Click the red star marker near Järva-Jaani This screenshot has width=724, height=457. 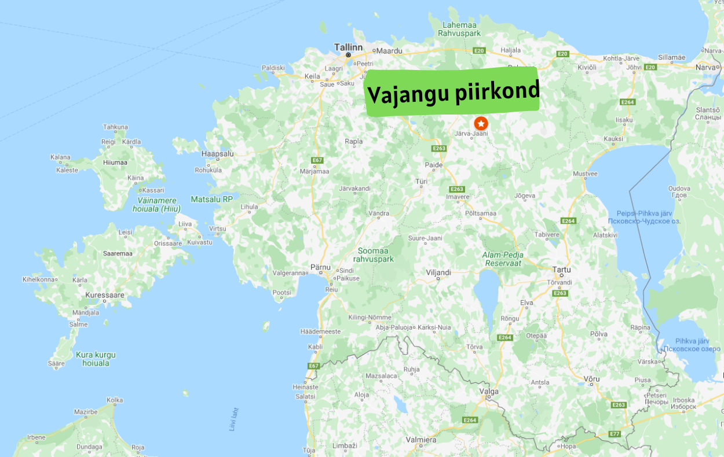point(481,123)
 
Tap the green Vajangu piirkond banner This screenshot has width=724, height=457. point(453,92)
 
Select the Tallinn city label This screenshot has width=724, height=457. point(348,47)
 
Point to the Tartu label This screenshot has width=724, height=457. point(562,270)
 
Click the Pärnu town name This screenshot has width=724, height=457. point(320,267)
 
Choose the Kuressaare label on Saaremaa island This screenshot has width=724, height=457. point(105,295)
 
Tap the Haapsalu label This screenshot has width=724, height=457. point(217,154)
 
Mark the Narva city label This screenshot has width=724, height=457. point(705,67)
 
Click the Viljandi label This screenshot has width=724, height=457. point(438,272)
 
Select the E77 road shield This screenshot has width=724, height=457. point(615,433)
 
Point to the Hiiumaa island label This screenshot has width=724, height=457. point(115,163)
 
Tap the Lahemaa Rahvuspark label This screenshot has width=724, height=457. point(461,30)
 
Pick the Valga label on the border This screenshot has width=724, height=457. point(489,391)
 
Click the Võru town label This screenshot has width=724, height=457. point(591,379)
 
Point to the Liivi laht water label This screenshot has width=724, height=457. point(233,419)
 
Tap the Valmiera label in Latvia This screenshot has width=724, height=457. point(420,440)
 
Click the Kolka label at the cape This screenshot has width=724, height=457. point(115,400)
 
